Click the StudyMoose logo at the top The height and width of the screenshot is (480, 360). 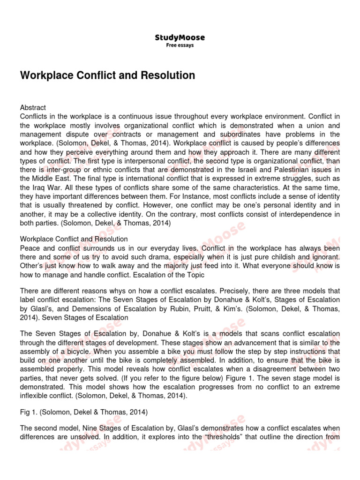[180, 37]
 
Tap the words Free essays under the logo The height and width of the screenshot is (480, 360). [180, 45]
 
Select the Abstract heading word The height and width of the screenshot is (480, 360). [33, 108]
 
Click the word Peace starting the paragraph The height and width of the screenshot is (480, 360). [30, 247]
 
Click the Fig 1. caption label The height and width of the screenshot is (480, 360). [30, 412]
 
